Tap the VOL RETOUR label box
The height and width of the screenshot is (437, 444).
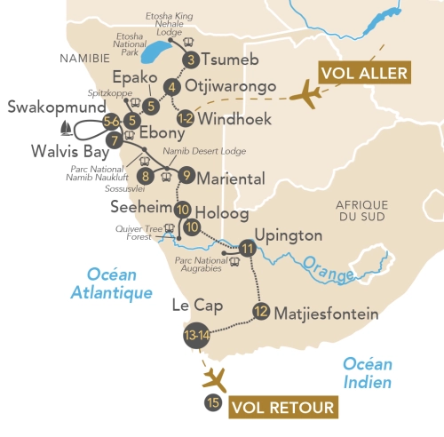(283, 409)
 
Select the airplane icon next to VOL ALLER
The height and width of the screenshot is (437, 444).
(309, 94)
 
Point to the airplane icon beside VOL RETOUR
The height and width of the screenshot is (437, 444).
(215, 379)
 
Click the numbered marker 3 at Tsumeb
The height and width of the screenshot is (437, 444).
(190, 60)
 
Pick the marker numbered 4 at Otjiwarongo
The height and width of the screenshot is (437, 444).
(171, 87)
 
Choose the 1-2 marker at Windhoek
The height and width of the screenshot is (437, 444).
(185, 117)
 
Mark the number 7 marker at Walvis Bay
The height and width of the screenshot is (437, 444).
(113, 139)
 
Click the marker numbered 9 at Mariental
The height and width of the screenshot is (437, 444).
(186, 175)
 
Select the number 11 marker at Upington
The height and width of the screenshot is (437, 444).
(247, 248)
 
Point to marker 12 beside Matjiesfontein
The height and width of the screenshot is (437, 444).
(260, 311)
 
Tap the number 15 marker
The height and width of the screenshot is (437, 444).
(212, 402)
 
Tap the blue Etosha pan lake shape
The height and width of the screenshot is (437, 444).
(160, 51)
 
